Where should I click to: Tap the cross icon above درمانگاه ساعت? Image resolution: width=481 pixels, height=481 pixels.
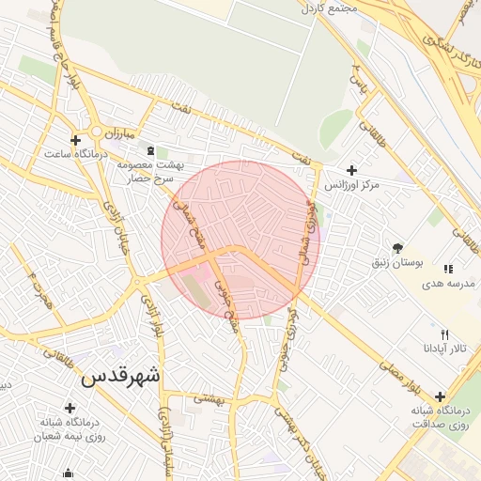click(x=75, y=141)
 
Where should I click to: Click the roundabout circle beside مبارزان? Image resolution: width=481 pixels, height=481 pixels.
click(x=96, y=132)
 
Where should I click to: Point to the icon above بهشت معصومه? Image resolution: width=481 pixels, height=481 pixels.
click(x=151, y=150)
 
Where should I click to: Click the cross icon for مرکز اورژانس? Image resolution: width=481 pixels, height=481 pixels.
click(x=351, y=170)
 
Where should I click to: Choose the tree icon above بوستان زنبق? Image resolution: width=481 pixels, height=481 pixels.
click(x=399, y=248)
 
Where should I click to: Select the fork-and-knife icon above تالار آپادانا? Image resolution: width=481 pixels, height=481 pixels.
click(x=445, y=334)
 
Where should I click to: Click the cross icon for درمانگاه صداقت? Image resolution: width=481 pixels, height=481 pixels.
click(x=440, y=396)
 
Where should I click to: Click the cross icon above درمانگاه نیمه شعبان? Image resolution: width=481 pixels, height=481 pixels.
click(x=69, y=407)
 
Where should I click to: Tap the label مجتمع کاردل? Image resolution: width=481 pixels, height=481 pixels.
click(x=328, y=8)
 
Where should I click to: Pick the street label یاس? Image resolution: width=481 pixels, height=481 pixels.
click(x=357, y=85)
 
